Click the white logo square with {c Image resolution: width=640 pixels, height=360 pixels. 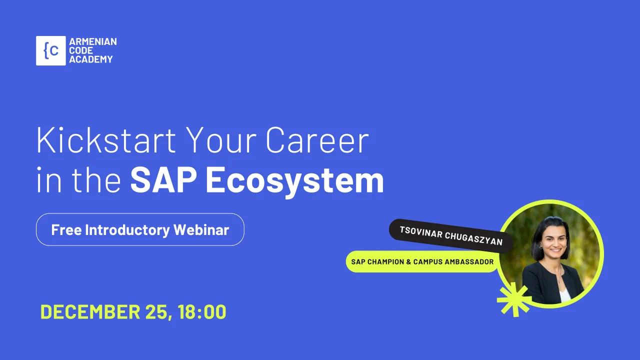pyautogui.click(x=51, y=51)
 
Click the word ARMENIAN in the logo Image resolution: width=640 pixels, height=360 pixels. pyautogui.click(x=93, y=41)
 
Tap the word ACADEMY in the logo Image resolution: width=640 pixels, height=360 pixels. pyautogui.click(x=91, y=59)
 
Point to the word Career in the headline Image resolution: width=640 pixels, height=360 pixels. pyautogui.click(x=317, y=140)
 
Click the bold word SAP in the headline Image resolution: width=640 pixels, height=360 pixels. pyautogui.click(x=163, y=180)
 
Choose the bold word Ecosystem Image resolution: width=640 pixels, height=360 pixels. pyautogui.click(x=294, y=181)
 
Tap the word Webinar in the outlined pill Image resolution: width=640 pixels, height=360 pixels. pyautogui.click(x=201, y=229)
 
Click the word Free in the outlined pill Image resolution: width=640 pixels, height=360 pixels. pyautogui.click(x=66, y=229)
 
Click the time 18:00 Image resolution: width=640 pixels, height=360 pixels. pyautogui.click(x=201, y=311)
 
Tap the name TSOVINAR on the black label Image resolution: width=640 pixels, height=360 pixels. pyautogui.click(x=421, y=232)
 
